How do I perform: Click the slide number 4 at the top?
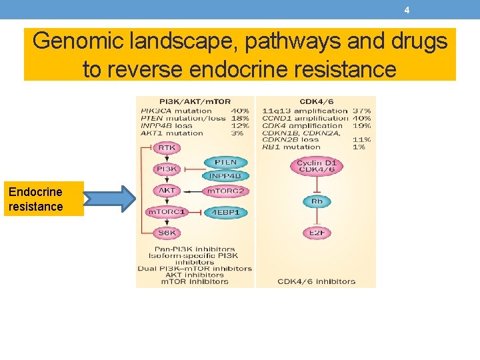pyautogui.click(x=407, y=10)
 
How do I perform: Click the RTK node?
pyautogui.click(x=167, y=147)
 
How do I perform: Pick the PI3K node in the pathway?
pyautogui.click(x=167, y=169)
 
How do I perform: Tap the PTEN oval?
pyautogui.click(x=225, y=163)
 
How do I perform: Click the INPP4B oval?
pyautogui.click(x=225, y=176)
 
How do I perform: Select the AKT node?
pyautogui.click(x=167, y=191)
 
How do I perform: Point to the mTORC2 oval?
pyautogui.click(x=225, y=191)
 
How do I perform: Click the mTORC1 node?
pyautogui.click(x=167, y=212)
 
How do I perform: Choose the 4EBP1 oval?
pyautogui.click(x=225, y=212)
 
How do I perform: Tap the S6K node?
pyautogui.click(x=167, y=233)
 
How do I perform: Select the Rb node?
pyautogui.click(x=316, y=201)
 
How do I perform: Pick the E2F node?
pyautogui.click(x=316, y=233)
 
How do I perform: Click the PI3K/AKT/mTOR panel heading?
pyautogui.click(x=195, y=102)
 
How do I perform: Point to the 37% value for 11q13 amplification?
pyautogui.click(x=362, y=111)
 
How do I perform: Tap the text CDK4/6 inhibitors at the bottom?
pyautogui.click(x=316, y=281)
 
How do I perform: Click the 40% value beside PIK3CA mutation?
pyautogui.click(x=240, y=111)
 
